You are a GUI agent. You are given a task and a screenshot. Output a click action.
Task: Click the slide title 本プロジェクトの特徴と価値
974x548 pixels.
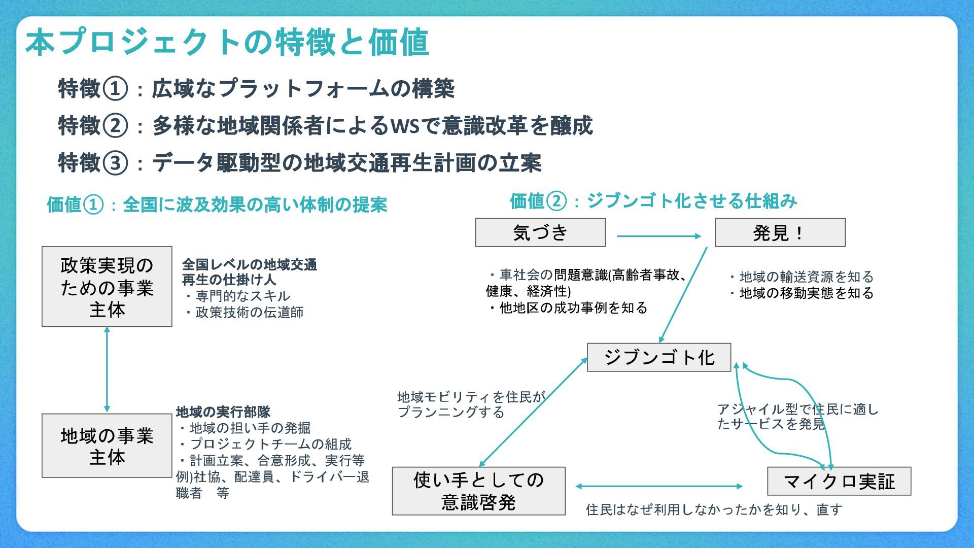click(x=227, y=42)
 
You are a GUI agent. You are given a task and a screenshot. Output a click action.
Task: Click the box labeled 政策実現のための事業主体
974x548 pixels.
click(x=107, y=287)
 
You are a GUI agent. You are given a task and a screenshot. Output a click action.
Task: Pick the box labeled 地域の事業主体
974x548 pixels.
click(x=107, y=446)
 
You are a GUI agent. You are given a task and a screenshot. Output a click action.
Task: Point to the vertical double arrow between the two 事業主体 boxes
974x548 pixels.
click(x=107, y=369)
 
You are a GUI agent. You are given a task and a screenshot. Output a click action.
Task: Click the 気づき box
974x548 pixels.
click(x=540, y=233)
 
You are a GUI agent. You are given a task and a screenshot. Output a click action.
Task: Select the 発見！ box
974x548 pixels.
click(x=780, y=233)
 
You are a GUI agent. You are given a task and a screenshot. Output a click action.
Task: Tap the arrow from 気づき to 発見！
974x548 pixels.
click(x=658, y=236)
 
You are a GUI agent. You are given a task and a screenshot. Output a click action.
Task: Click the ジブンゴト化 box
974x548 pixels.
click(x=659, y=358)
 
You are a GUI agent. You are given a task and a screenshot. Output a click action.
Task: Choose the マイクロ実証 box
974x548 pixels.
click(x=839, y=481)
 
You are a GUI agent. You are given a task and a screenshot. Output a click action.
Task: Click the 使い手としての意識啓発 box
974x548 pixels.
click(x=478, y=491)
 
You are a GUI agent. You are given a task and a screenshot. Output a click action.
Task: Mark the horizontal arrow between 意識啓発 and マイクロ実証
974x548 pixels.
click(x=659, y=486)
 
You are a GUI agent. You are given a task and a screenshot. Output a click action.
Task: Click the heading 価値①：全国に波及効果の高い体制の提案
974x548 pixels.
click(x=217, y=204)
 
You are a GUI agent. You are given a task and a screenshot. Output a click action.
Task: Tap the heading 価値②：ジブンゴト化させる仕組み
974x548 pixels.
click(x=653, y=201)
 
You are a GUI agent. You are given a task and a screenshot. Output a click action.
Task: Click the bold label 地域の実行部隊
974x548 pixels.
click(x=223, y=412)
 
